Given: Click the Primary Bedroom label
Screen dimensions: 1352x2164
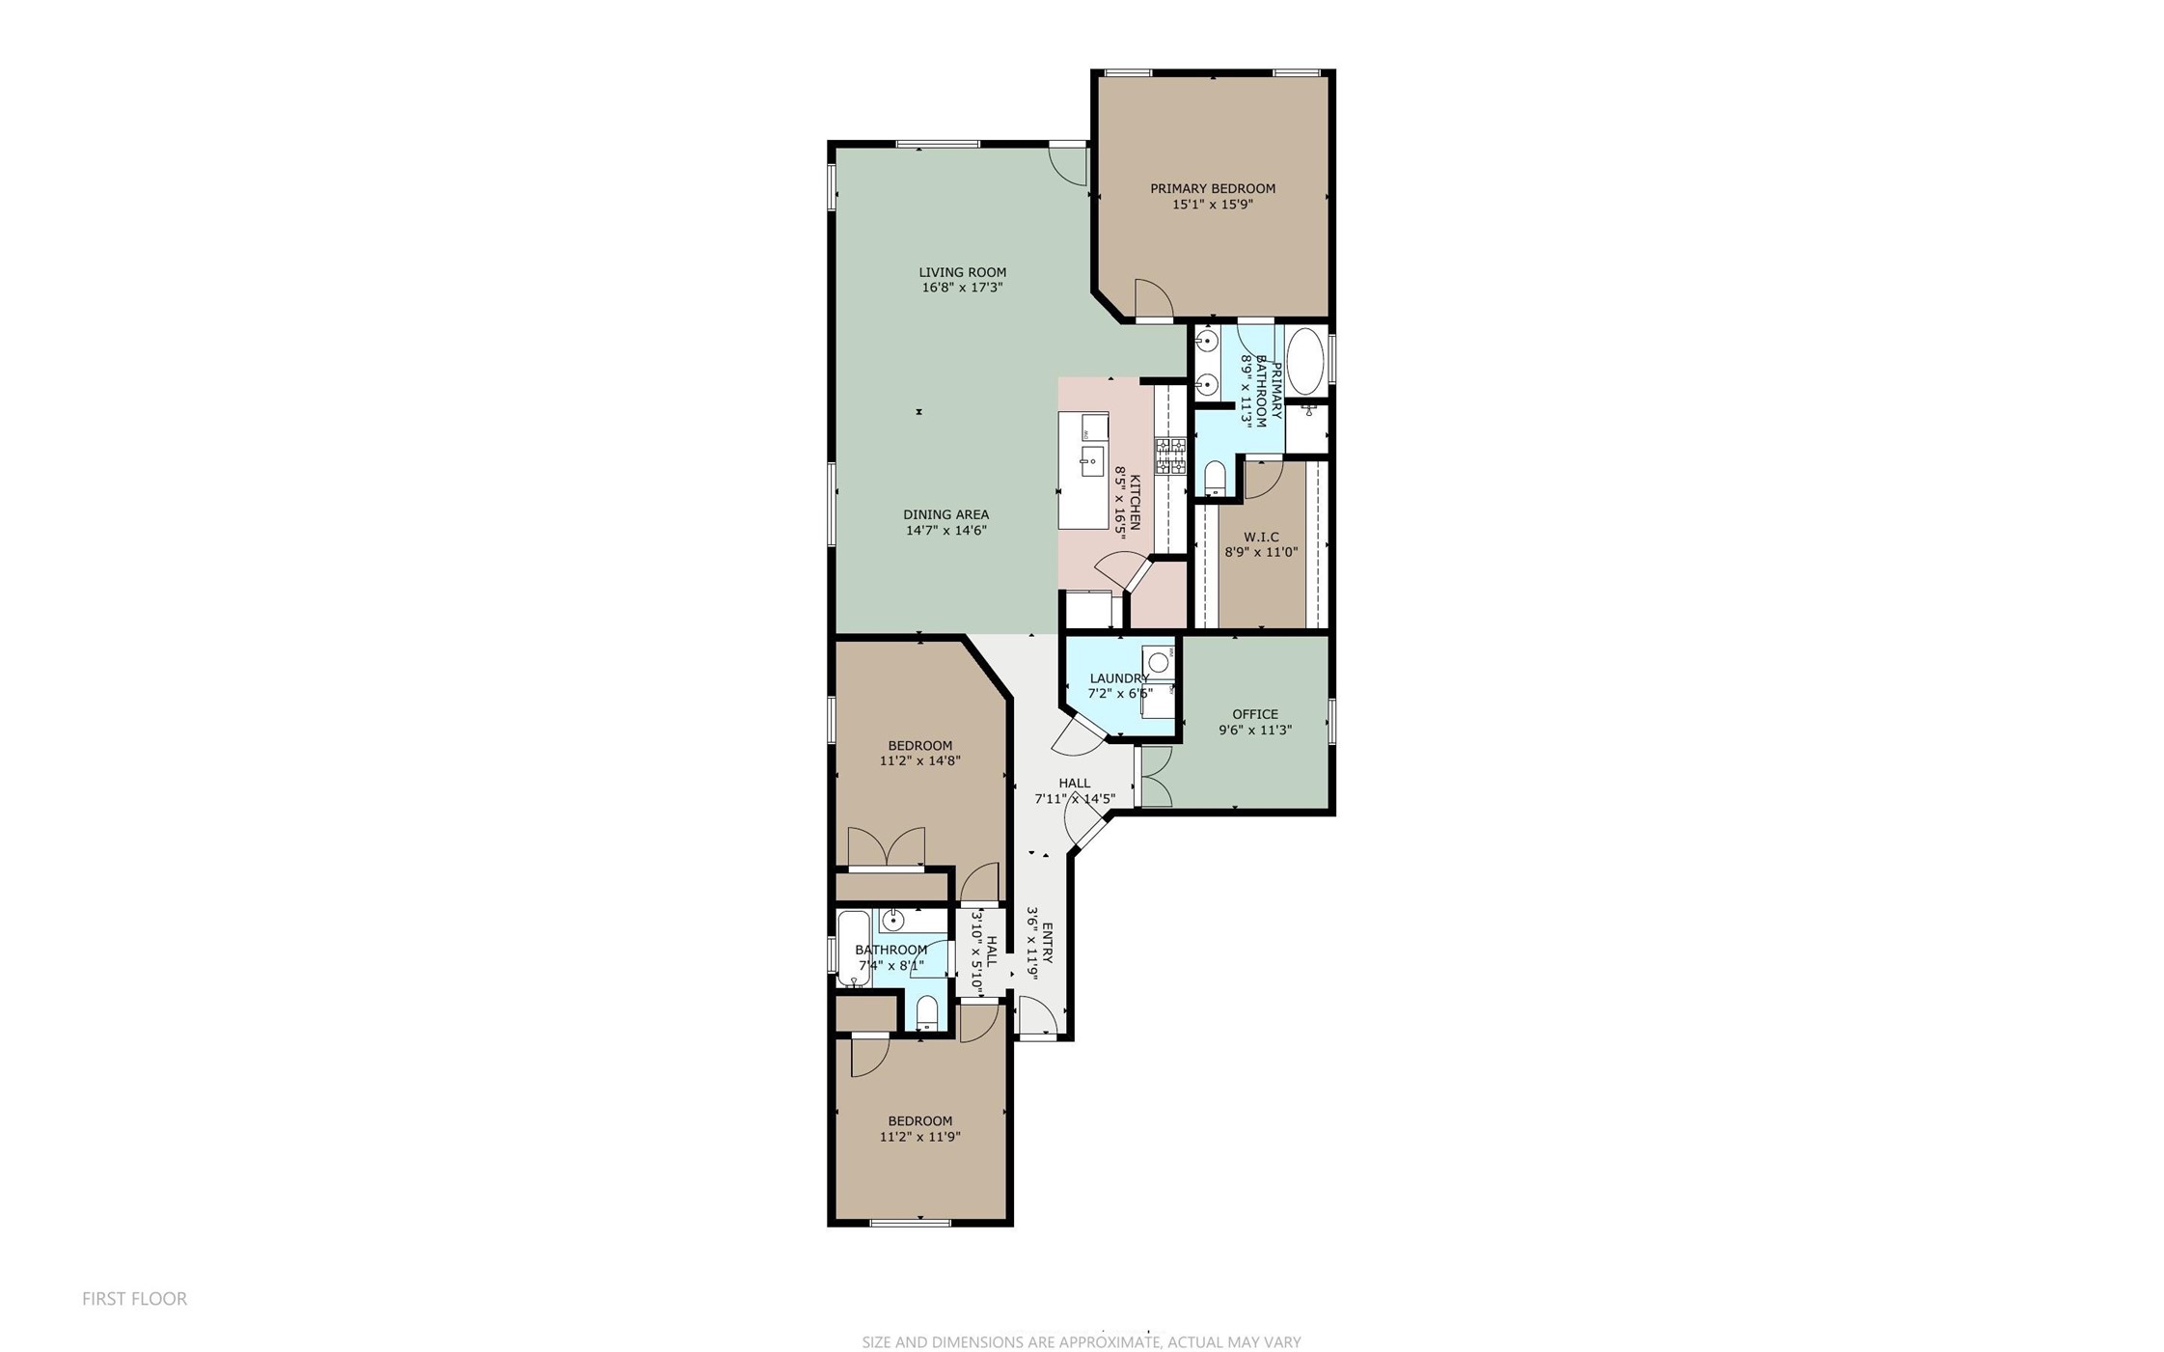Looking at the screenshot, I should (1212, 188).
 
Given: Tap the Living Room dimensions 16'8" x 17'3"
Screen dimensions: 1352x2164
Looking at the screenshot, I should (962, 288).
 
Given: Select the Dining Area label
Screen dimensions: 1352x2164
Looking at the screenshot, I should (945, 514).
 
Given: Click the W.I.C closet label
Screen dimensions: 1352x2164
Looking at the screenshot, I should (1261, 537).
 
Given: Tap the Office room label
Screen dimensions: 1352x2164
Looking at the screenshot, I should (1254, 714).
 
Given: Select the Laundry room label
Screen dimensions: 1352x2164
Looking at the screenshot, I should (1118, 678).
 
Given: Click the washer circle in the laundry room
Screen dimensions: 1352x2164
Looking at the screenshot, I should (1158, 662).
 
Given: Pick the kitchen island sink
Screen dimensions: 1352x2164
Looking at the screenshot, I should (1091, 461).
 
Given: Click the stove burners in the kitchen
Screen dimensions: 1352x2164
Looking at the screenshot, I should (1170, 455).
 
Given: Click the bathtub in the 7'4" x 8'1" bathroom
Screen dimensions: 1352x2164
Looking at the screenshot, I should (853, 948).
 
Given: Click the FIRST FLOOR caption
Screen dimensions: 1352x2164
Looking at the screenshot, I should (134, 1299).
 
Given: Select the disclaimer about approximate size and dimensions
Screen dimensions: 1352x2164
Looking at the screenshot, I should (1081, 1341).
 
